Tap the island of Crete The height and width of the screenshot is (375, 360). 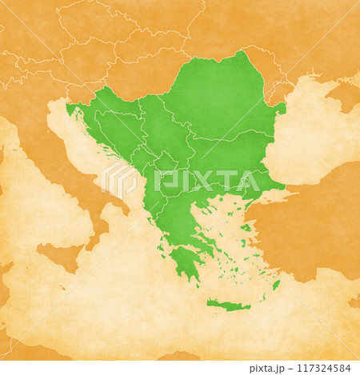click(227, 305)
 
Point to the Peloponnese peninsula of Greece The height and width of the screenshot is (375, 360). click(184, 260)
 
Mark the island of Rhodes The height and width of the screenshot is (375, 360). click(276, 285)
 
